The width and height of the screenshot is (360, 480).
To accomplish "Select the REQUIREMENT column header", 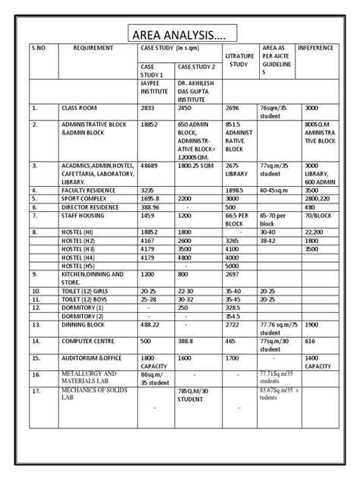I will click(93, 48).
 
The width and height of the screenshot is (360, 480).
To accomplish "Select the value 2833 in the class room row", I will click(148, 109).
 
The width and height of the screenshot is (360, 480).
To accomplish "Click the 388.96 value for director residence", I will click(152, 207).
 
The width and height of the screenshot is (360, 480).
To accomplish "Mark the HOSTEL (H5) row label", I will click(80, 267).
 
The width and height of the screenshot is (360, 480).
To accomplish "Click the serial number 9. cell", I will click(35, 274).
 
